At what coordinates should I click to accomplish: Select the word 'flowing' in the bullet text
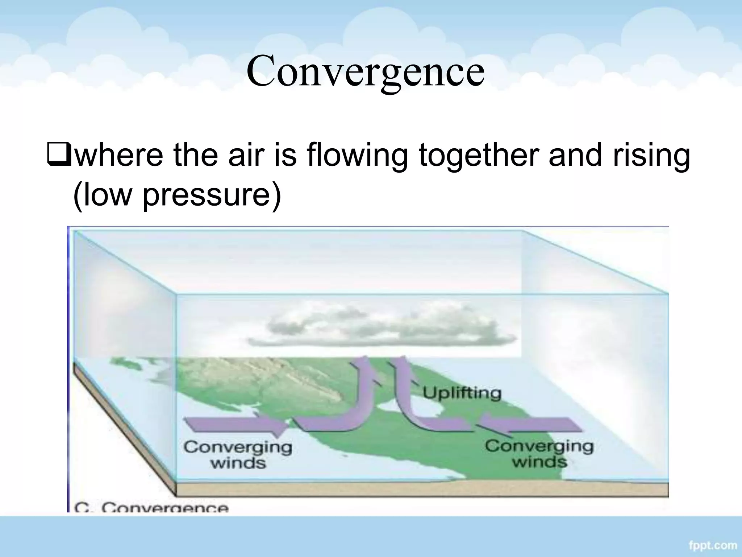pos(357,156)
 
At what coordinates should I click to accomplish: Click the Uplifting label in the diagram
pos(462,393)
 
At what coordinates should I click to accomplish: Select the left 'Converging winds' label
pos(238,455)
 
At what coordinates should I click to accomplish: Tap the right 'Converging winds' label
pos(539,454)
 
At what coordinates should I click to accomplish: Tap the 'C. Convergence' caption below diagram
pos(151,507)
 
